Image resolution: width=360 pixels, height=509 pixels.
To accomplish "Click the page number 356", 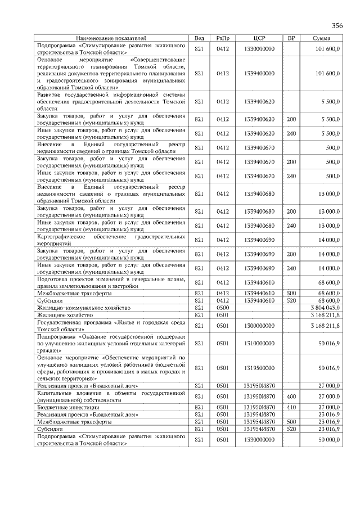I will [337, 26].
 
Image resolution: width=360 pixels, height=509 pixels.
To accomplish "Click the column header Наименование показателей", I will [111, 38].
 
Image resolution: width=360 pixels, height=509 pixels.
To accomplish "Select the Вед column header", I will [199, 38].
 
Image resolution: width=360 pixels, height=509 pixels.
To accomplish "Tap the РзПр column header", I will [223, 38].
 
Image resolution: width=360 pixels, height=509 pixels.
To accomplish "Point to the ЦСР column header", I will [259, 38].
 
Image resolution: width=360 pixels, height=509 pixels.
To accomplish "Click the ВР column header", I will [291, 38].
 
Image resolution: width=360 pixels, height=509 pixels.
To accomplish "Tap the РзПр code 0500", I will [223, 308].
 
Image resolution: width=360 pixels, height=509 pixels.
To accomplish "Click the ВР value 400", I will [291, 397].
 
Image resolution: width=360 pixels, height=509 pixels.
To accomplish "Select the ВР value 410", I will [291, 407].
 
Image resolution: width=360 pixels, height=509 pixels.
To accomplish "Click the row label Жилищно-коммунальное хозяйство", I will [84, 308].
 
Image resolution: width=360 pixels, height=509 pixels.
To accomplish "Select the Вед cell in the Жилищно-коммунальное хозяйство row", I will [199, 308].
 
